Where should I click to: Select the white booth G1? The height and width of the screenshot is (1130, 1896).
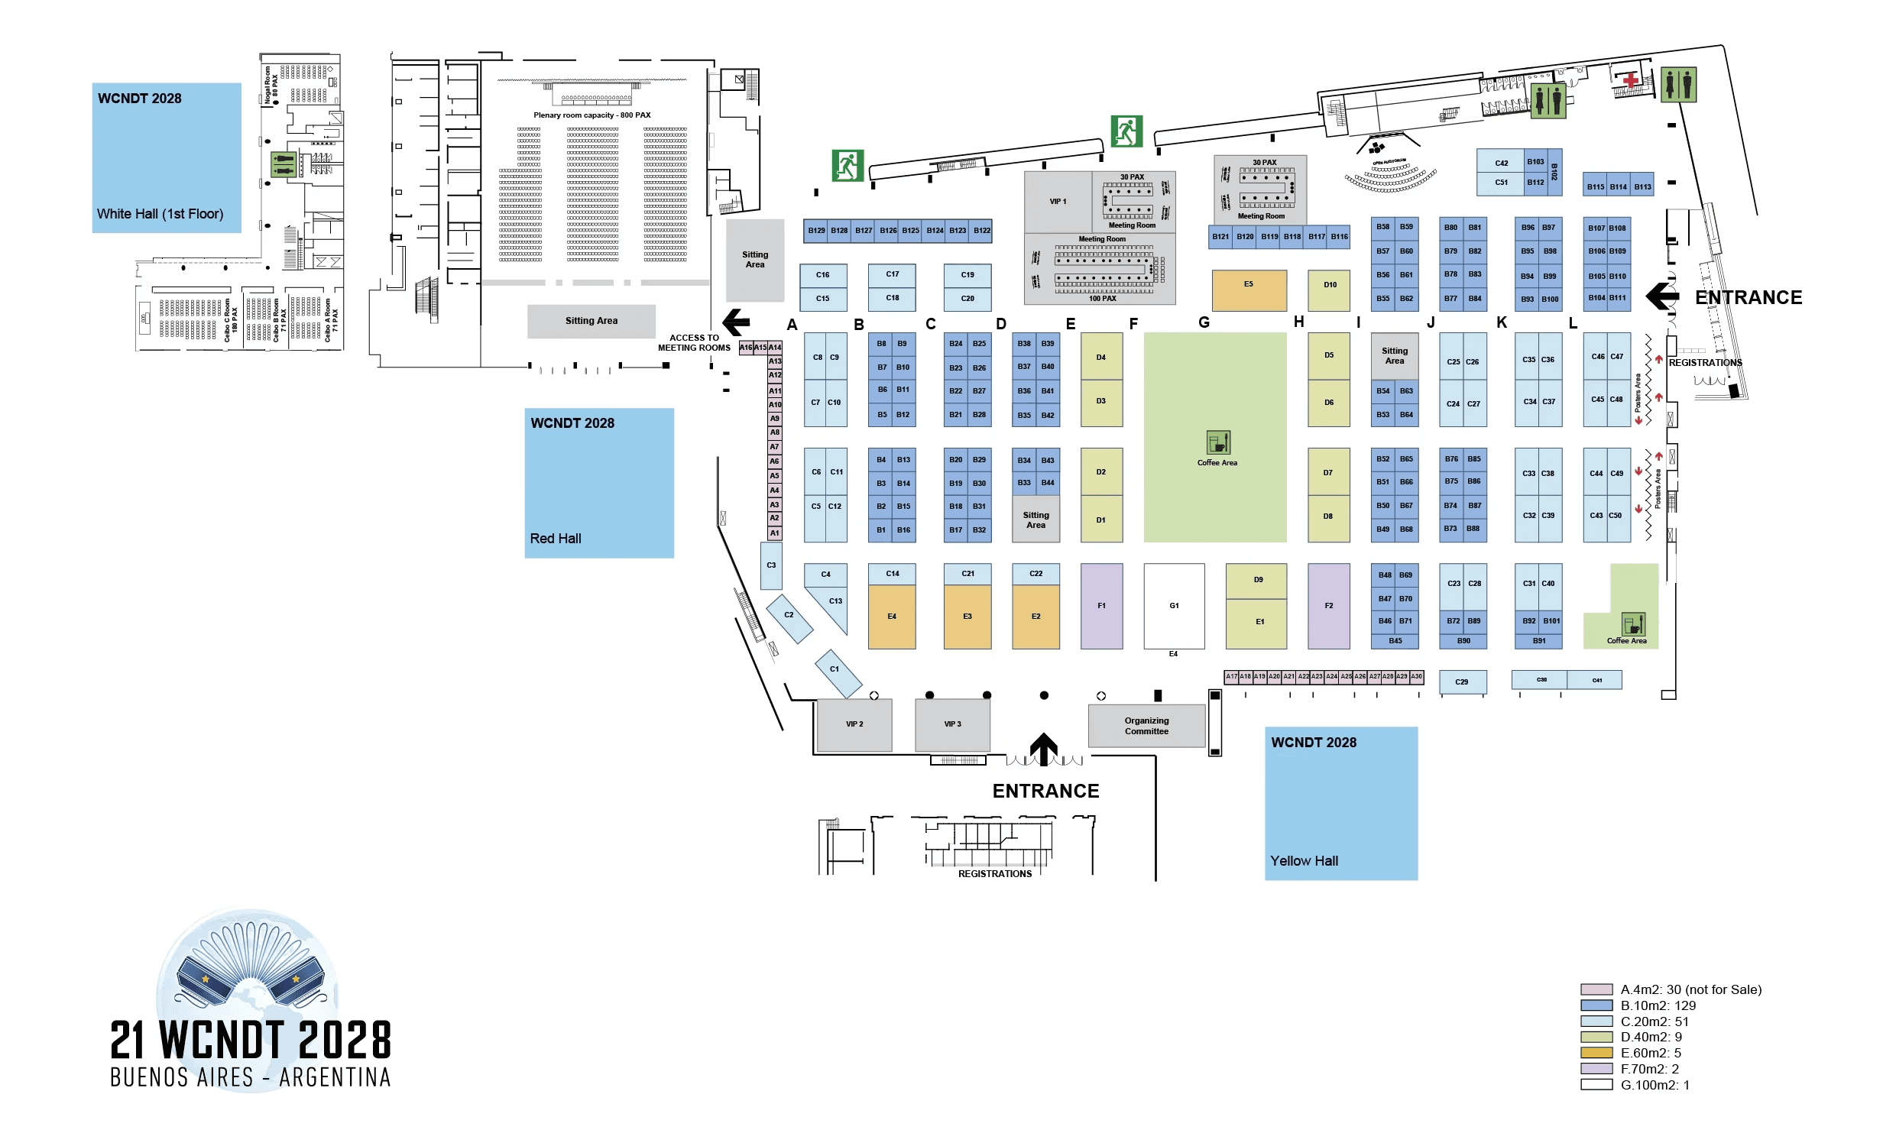(x=1174, y=606)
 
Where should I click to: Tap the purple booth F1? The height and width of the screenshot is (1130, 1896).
(x=1101, y=606)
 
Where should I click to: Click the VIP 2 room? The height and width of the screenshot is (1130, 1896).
(x=854, y=724)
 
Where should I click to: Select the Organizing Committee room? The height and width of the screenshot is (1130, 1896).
(x=1146, y=726)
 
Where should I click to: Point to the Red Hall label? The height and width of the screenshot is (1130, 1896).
(x=556, y=539)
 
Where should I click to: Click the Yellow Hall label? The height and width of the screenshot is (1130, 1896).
(x=1304, y=861)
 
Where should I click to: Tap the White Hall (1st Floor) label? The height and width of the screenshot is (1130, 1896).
(x=160, y=214)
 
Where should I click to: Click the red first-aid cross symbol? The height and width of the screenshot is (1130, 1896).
(x=1631, y=80)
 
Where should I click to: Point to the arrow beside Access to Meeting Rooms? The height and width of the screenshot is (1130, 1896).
(x=737, y=322)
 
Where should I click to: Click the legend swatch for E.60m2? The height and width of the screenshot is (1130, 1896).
(x=1596, y=1053)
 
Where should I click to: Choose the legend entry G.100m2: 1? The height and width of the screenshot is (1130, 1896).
(x=1655, y=1085)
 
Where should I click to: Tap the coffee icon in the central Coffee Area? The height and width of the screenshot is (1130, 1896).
(x=1218, y=442)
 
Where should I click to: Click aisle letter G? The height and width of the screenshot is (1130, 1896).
(x=1204, y=322)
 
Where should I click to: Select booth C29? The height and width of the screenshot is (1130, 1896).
(x=1462, y=682)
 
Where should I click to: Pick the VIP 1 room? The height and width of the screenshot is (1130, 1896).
(x=1058, y=202)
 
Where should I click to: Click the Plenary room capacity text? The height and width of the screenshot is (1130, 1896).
(x=592, y=115)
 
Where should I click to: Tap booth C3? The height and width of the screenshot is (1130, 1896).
(x=771, y=565)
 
